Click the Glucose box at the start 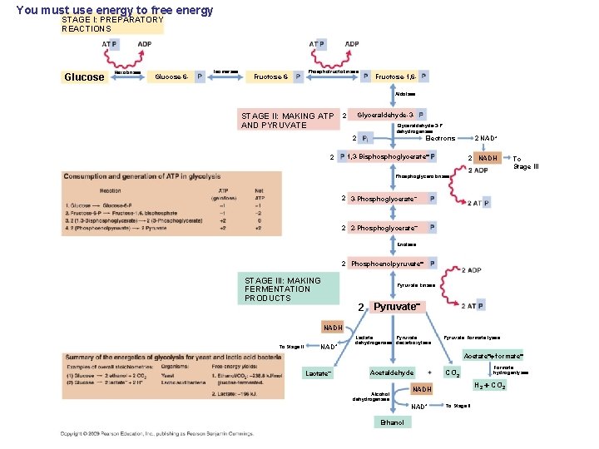tap(84, 77)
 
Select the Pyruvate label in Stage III tap(395, 307)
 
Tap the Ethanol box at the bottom tap(391, 422)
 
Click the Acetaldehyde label tap(391, 373)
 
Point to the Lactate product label tap(319, 373)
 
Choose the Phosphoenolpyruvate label tap(388, 264)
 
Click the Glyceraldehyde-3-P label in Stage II tap(385, 114)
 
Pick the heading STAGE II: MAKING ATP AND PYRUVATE tap(287, 121)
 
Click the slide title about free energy tap(115, 10)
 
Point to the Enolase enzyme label tap(406, 244)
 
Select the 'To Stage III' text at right tap(525, 162)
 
